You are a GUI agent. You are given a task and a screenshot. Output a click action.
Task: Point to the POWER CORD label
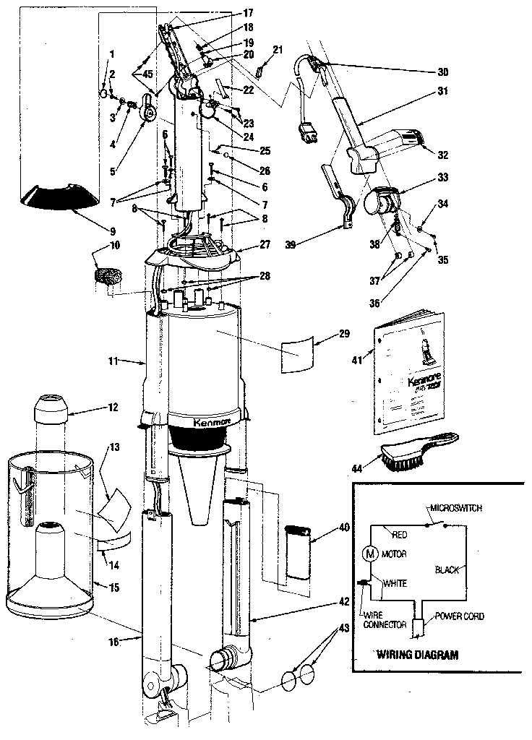459,616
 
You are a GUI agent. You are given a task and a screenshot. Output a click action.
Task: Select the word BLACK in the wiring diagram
447,570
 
